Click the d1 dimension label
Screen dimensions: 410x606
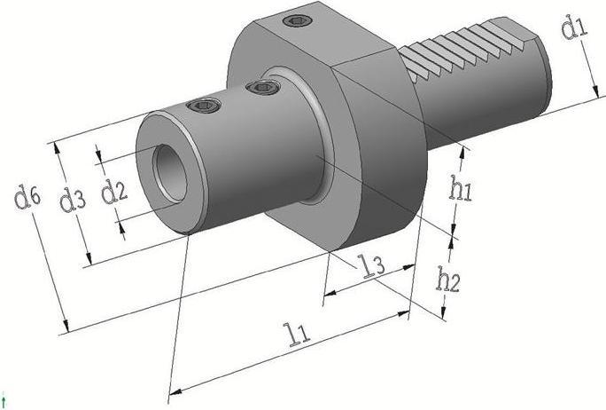click(x=575, y=28)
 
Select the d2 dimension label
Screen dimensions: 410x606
click(x=113, y=191)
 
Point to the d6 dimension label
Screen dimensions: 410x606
click(x=27, y=197)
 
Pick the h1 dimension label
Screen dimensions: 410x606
click(x=461, y=188)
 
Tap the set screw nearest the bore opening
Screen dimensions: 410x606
click(x=205, y=106)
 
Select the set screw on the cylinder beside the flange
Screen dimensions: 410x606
click(x=261, y=87)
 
